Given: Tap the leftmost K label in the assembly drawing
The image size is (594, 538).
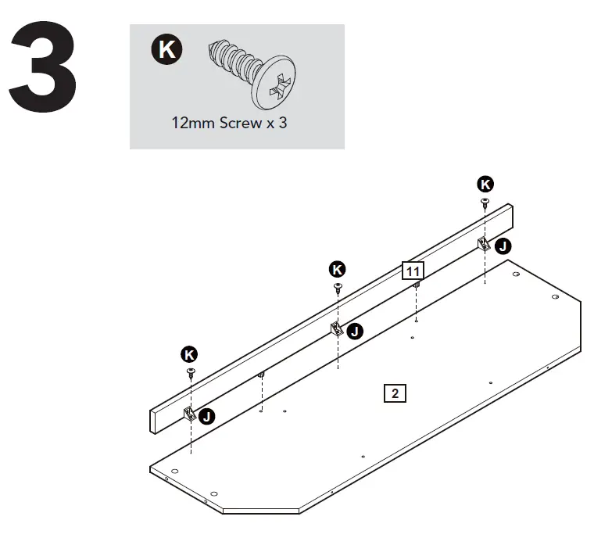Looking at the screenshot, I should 189,353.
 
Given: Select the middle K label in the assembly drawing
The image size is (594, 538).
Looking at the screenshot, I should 337,269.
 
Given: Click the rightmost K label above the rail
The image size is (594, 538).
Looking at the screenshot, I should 485,184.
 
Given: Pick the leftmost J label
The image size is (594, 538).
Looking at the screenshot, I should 207,416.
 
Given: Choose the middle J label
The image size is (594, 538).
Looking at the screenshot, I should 355,332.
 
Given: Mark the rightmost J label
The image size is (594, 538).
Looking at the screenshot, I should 503,246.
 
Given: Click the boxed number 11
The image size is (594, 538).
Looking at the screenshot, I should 413,271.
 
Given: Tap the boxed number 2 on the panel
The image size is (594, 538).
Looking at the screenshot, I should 395,393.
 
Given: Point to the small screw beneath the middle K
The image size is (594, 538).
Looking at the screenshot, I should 338,287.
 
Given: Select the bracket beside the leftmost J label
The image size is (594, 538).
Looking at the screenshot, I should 189,414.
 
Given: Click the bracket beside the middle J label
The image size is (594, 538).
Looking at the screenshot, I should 337,328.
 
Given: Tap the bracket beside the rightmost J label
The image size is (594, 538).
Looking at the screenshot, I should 485,243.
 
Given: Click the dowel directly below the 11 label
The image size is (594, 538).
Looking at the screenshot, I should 417,285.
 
